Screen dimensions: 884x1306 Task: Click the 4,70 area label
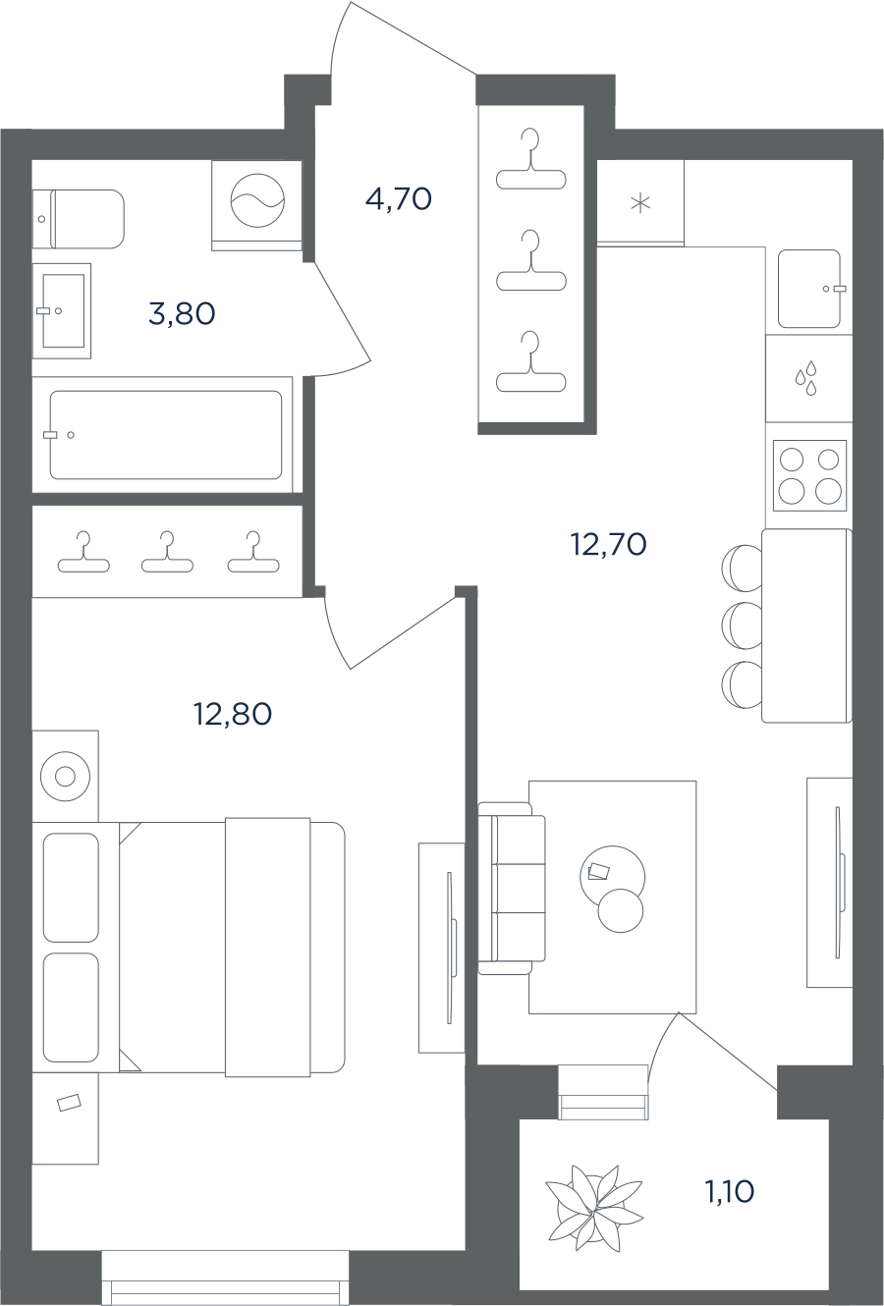399,199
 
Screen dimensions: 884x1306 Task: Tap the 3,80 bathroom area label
182,314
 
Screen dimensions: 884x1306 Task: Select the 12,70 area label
608,545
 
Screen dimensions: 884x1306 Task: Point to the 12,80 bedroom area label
233,714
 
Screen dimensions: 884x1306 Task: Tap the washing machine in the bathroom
257,206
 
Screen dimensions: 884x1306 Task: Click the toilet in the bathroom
79,219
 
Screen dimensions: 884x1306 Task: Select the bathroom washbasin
61,310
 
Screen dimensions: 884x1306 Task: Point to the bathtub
166,435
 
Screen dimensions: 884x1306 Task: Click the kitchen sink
810,289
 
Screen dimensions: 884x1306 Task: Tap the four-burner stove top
810,475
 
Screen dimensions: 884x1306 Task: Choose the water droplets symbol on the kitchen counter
806,378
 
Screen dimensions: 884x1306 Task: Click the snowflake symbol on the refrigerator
640,203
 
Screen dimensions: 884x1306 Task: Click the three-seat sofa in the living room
512,889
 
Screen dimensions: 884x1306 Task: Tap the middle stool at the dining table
742,626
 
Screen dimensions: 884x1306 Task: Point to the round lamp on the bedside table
65,777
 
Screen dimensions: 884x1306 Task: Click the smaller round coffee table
621,910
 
